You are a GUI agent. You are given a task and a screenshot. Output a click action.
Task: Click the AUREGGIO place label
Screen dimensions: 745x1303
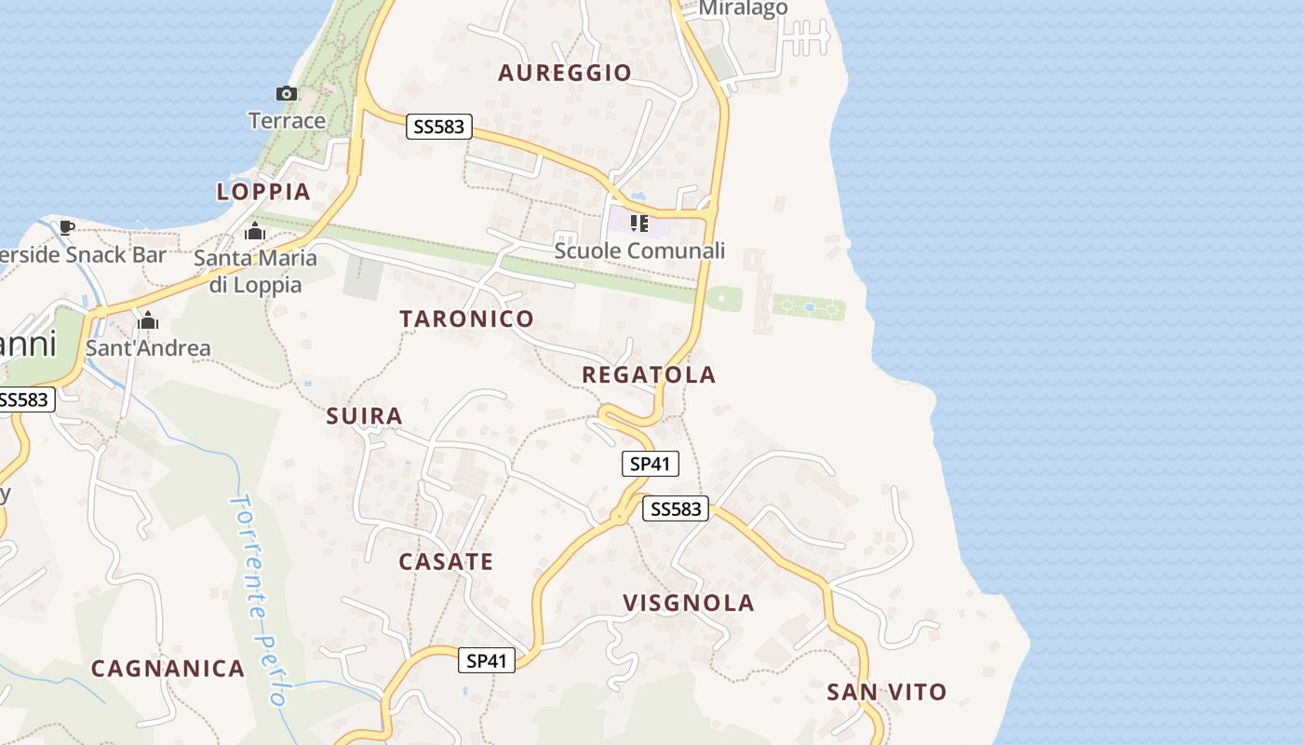(565, 73)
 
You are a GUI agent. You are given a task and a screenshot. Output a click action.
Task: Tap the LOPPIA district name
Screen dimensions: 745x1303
(263, 192)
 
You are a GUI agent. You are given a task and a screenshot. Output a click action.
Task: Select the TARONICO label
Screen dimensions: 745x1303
(467, 318)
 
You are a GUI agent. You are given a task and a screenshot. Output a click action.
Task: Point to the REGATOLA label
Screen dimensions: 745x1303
(649, 374)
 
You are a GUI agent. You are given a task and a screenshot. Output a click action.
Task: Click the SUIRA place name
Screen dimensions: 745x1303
(365, 416)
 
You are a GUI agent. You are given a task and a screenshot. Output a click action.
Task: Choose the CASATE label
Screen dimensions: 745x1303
(446, 562)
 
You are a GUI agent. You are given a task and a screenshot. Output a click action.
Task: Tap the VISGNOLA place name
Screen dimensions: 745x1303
(689, 603)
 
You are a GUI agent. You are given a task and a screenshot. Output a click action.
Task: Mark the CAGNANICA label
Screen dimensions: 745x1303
(168, 668)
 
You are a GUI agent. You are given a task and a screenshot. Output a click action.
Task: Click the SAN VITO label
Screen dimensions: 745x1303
(887, 692)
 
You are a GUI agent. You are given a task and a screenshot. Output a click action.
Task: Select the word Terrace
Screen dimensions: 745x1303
(287, 120)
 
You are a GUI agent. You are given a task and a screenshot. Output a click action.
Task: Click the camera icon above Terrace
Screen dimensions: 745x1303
(287, 93)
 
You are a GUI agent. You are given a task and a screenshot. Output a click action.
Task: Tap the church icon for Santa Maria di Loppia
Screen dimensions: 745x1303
(255, 231)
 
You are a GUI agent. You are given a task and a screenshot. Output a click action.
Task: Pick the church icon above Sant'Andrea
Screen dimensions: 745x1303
(147, 321)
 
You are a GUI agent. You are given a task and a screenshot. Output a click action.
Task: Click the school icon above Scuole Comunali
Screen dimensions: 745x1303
(638, 223)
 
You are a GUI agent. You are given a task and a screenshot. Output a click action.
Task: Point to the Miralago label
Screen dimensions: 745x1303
(743, 8)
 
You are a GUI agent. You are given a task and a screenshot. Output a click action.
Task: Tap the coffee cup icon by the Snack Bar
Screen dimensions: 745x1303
(67, 227)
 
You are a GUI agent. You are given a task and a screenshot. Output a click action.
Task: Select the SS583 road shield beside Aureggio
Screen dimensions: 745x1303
(439, 127)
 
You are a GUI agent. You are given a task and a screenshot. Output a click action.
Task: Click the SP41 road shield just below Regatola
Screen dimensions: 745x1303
(651, 463)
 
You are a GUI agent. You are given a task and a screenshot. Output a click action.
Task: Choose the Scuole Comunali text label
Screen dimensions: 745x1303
(639, 251)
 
